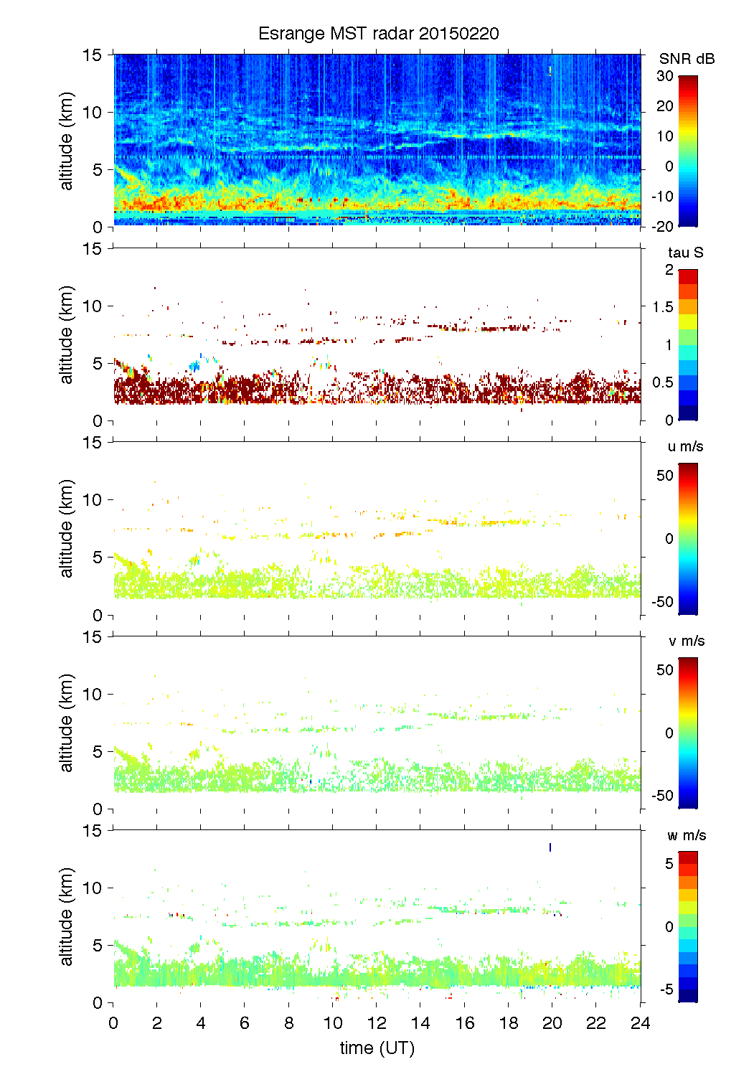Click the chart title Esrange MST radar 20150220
(378, 34)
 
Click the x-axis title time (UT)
(377, 1048)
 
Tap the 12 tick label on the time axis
(377, 1022)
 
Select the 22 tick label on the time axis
(596, 1022)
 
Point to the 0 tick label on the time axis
(113, 1022)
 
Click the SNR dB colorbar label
(687, 59)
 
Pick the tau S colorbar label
(685, 253)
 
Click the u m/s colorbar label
(685, 446)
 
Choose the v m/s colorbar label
(686, 641)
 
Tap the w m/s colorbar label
(686, 835)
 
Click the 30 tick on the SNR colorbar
(665, 76)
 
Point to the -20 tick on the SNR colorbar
(663, 226)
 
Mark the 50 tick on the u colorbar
(665, 476)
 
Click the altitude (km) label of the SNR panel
(67, 141)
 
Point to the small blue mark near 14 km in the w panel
(550, 847)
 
